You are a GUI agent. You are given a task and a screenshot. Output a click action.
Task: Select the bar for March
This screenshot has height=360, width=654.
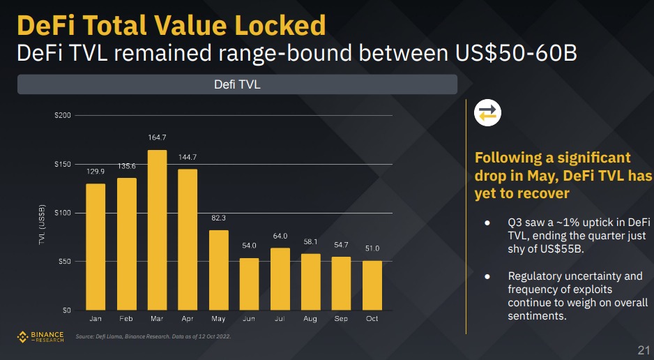(157, 230)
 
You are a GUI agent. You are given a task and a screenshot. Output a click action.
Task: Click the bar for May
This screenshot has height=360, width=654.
(219, 270)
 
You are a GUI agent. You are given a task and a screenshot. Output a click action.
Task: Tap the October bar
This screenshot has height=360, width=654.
(372, 285)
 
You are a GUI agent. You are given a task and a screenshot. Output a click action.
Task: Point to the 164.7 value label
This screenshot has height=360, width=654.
(157, 137)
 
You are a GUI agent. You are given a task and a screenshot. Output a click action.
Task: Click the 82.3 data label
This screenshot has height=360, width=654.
(219, 218)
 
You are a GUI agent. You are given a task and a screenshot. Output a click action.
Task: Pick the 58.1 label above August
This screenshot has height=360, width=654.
(311, 241)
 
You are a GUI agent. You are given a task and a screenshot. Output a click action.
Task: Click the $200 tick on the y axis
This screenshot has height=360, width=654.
(63, 115)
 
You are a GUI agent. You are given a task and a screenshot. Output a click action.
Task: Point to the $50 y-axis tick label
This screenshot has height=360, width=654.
(63, 262)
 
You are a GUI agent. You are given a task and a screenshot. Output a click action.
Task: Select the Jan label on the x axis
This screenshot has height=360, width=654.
(96, 319)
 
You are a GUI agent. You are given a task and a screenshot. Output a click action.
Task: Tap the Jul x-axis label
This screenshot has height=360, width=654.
(280, 319)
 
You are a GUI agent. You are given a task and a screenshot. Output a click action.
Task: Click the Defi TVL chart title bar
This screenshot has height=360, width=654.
(237, 84)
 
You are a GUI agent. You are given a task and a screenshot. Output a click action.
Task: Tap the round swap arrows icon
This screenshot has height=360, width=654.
(487, 113)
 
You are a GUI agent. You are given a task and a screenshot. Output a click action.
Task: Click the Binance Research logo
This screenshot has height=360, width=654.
(40, 337)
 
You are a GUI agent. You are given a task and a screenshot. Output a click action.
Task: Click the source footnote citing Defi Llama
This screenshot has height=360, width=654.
(153, 337)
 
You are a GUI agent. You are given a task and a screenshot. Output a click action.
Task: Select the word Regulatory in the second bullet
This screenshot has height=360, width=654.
(538, 276)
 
